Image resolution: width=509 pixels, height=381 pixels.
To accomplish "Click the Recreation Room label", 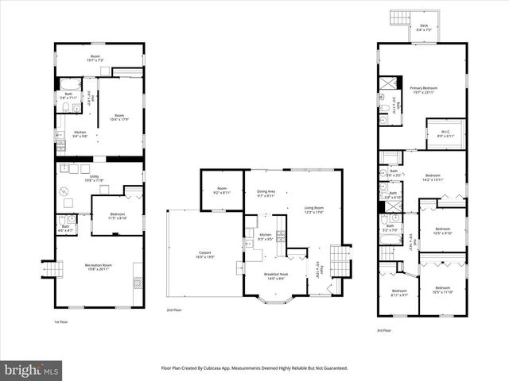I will pyautogui.click(x=98, y=266).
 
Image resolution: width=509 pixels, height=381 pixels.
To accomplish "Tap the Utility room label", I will pyautogui.click(x=94, y=179).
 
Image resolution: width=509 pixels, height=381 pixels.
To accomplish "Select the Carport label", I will pyautogui.click(x=204, y=255).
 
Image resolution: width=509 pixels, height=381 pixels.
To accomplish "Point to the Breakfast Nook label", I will pyautogui.click(x=277, y=276).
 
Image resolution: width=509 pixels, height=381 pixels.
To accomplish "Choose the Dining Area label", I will pyautogui.click(x=266, y=193).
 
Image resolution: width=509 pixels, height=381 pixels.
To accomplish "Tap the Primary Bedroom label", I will pyautogui.click(x=425, y=90).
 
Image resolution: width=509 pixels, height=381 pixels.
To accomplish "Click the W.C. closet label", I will pyautogui.click(x=445, y=133).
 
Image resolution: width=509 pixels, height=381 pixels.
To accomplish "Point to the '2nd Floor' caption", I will pyautogui.click(x=174, y=310).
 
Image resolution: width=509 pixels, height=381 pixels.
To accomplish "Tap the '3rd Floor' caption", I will pyautogui.click(x=385, y=330).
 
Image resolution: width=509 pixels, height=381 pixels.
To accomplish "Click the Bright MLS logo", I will pyautogui.click(x=32, y=370).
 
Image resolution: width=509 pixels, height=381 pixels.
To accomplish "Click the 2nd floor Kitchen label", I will pyautogui.click(x=266, y=236).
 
